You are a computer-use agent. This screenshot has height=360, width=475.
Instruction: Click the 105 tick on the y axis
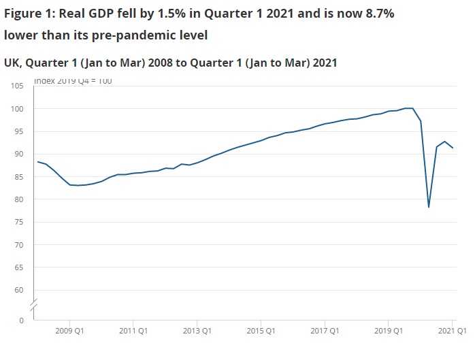tap(16, 86)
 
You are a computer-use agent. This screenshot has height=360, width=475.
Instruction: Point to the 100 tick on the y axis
tap(16, 109)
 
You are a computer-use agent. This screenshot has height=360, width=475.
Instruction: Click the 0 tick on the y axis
tap(21, 320)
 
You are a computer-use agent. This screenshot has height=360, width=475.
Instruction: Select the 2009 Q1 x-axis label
tap(69, 331)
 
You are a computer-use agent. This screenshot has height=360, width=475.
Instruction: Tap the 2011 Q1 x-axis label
tap(133, 331)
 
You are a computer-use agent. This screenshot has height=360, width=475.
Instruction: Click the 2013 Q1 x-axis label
tap(196, 331)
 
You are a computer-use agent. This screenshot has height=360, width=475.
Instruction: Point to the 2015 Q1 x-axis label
tap(260, 331)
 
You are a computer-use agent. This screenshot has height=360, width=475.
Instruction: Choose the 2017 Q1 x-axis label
tap(324, 331)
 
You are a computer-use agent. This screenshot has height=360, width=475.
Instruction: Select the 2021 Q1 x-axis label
tap(451, 331)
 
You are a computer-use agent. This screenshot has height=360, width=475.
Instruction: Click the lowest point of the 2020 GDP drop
tap(429, 207)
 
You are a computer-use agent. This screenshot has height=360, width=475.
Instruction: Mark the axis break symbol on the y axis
tap(33, 302)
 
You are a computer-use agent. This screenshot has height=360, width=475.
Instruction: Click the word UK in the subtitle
tap(12, 63)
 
